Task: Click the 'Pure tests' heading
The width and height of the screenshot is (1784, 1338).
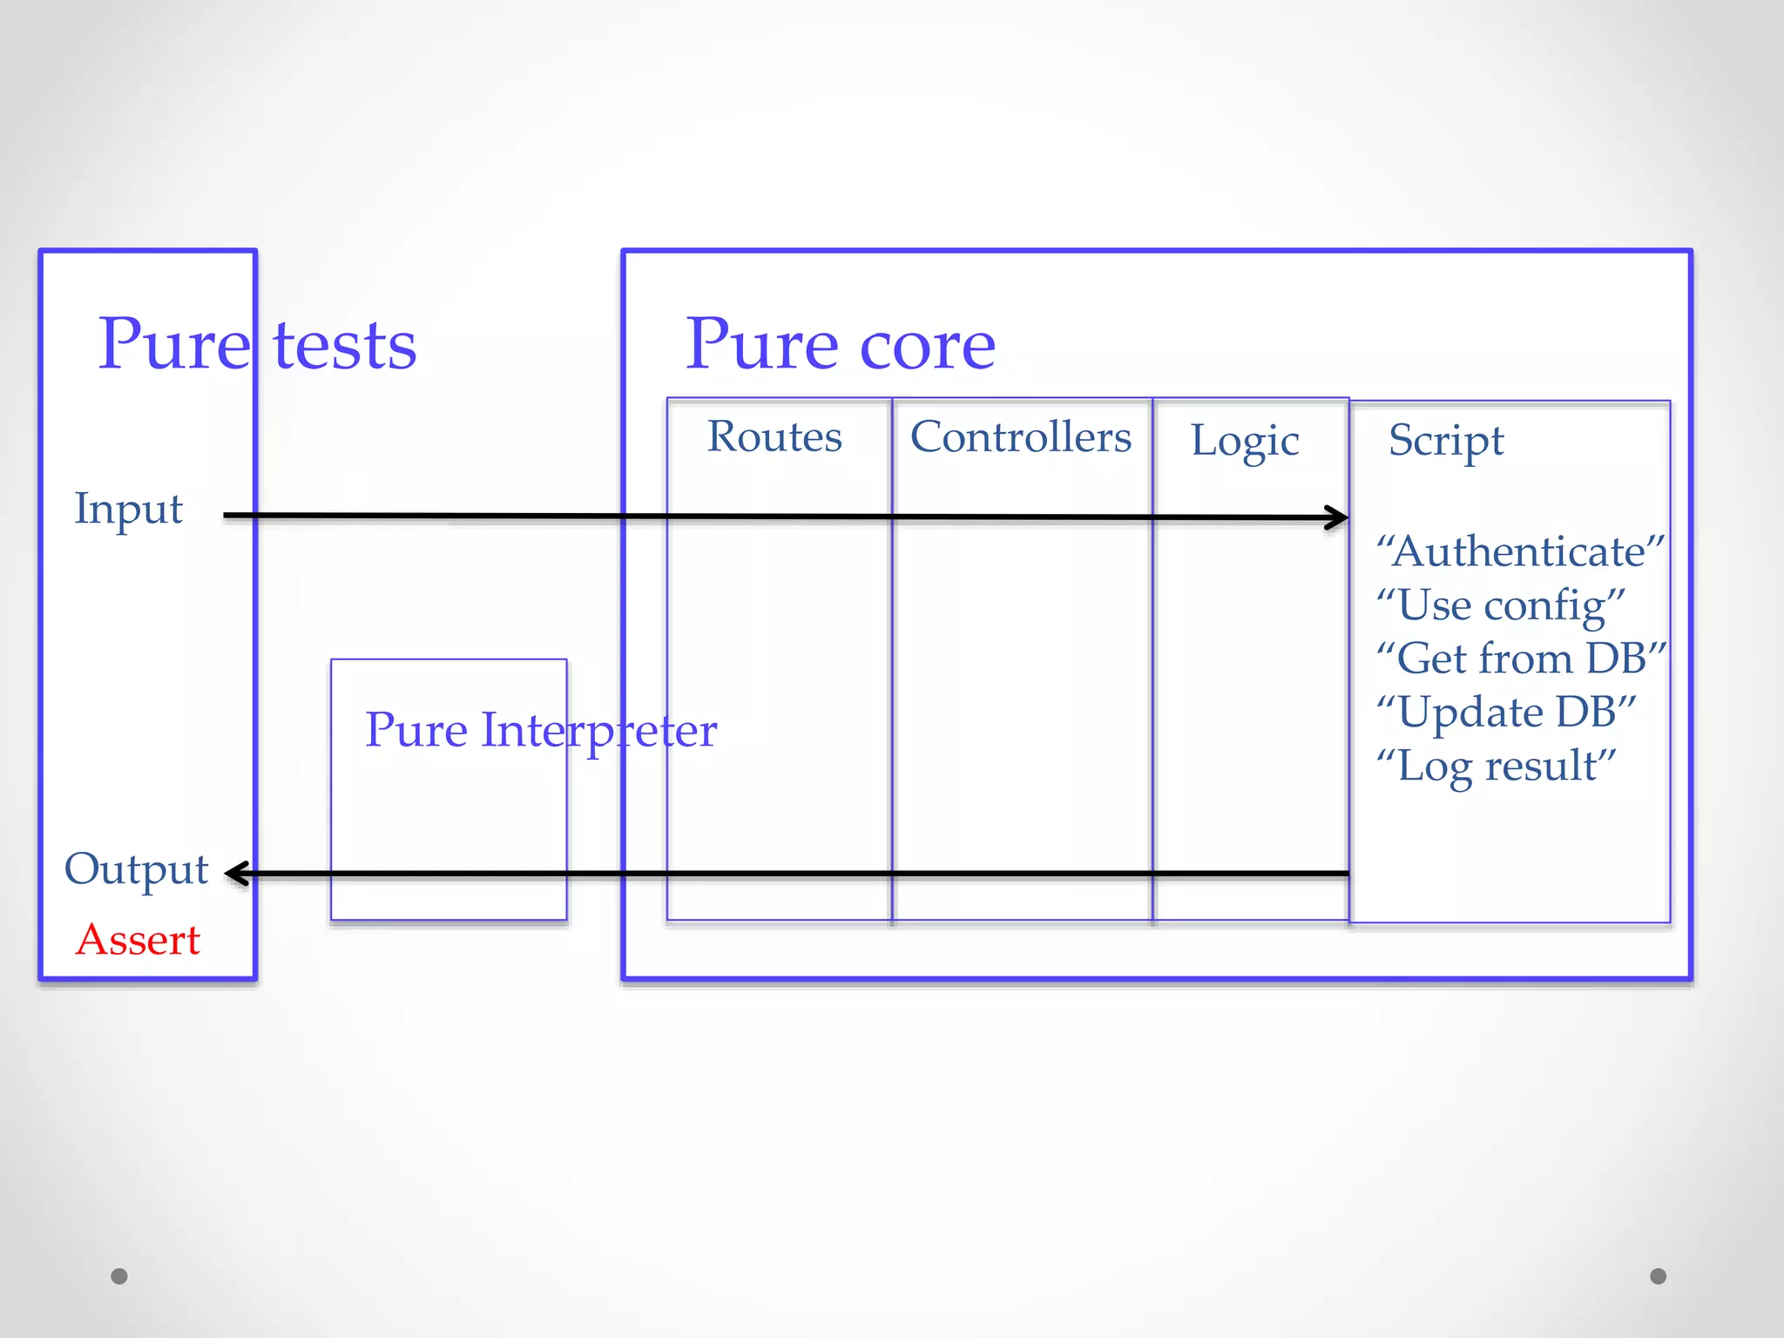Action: point(257,345)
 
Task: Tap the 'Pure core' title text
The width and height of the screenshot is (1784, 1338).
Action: point(840,345)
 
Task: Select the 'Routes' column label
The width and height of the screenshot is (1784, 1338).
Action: point(774,436)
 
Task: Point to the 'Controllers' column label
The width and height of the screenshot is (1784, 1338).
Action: point(1021,437)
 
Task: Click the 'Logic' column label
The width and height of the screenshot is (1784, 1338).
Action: point(1245,441)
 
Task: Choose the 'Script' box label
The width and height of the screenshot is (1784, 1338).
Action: point(1446,441)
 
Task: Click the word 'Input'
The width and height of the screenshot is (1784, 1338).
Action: point(129,509)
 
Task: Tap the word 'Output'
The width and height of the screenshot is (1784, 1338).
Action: point(137,869)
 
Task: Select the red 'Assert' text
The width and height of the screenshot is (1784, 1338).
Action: point(138,940)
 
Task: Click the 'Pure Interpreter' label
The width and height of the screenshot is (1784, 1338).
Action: point(540,730)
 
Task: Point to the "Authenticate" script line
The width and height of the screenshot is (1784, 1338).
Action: point(1520,551)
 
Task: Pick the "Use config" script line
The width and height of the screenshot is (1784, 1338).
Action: point(1500,605)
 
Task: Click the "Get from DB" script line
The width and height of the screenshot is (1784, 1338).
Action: point(1521,659)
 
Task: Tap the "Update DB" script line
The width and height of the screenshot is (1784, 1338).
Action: point(1506,713)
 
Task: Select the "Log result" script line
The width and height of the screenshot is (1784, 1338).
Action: point(1496,767)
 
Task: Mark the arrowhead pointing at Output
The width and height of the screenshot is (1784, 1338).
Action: point(235,873)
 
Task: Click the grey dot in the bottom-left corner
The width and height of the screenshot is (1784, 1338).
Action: point(119,1276)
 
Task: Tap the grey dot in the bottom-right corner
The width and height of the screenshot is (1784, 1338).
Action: point(1659,1276)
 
